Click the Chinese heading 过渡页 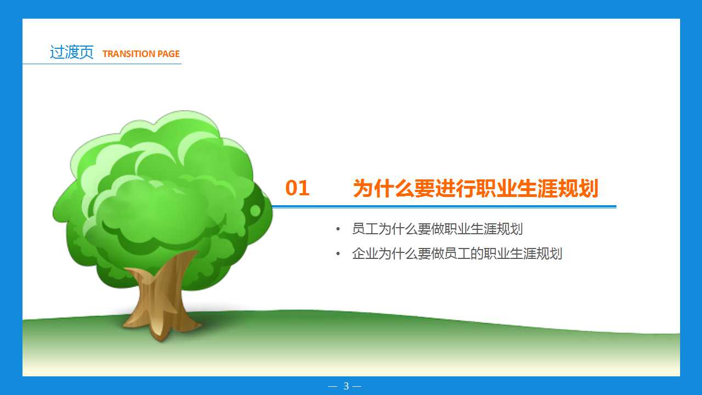coord(71,53)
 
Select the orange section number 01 coord(297,188)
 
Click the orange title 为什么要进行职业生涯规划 coord(475,188)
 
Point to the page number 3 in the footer coord(346,386)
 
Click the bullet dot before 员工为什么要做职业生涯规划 coord(338,229)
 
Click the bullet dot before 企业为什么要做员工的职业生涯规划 coord(338,254)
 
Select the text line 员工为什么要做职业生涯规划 coord(437,229)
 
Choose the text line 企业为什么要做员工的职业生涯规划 coord(457,253)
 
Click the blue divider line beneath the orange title coord(444,207)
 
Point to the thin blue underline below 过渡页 coord(101,64)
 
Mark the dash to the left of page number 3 coord(332,386)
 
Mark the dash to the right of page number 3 coord(357,386)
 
